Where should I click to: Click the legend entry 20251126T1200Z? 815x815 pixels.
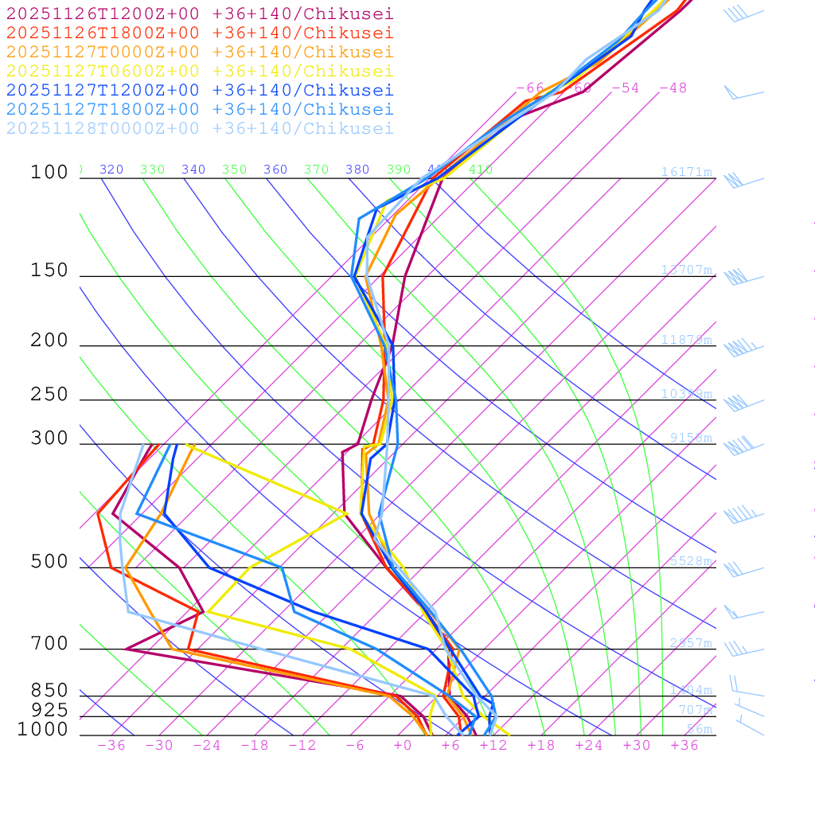200,14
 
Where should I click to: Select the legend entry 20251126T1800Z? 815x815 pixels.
200,33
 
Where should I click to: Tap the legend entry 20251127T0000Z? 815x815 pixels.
200,52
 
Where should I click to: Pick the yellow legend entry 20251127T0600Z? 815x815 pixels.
200,71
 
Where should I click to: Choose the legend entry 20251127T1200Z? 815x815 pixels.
200,90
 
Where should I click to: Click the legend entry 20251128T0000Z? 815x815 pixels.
200,128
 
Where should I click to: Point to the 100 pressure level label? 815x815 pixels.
49,172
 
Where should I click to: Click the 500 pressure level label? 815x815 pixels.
49,562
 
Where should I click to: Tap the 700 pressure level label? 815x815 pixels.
49,644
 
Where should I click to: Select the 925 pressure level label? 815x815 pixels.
49,710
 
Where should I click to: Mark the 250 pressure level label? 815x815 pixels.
49,395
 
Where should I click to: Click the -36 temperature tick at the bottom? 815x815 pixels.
111,745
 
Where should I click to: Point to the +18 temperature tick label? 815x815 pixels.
541,745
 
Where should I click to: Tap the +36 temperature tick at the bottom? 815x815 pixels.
684,745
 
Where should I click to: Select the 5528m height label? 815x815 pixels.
691,561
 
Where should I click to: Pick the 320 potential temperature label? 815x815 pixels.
111,170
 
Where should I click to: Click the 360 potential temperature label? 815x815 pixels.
275,170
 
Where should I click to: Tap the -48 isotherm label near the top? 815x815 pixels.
673,88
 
